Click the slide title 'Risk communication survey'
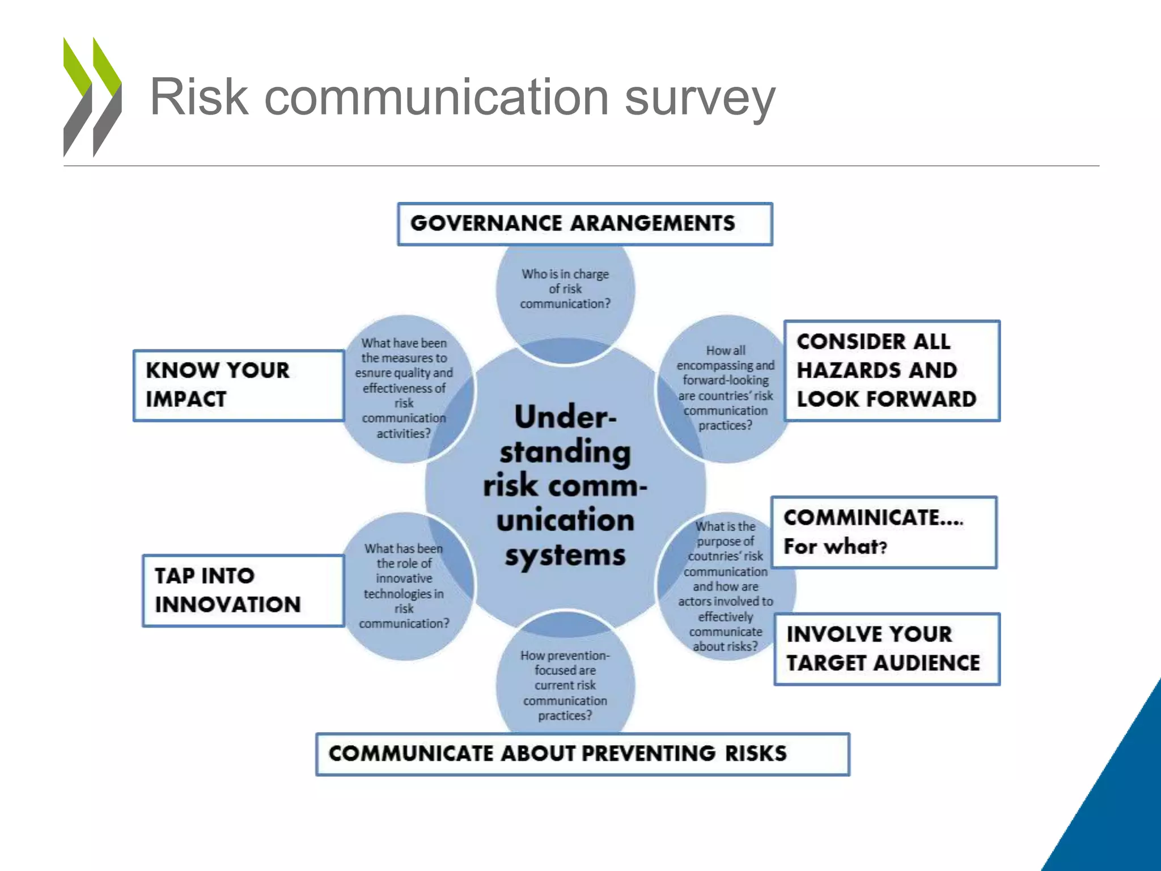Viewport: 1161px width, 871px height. [462, 98]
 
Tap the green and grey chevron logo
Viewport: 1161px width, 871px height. [92, 97]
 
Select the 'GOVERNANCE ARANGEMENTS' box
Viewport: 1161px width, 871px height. [584, 224]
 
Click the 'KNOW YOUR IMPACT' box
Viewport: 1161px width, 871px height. [239, 386]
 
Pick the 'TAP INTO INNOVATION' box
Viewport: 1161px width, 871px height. [243, 590]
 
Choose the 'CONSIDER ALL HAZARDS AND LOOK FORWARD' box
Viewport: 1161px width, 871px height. [892, 371]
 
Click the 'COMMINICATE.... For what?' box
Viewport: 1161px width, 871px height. [883, 532]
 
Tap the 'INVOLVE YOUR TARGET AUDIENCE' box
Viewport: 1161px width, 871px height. [887, 649]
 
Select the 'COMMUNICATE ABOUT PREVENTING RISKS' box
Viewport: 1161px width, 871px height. [582, 754]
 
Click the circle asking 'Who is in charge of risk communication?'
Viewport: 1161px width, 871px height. [565, 289]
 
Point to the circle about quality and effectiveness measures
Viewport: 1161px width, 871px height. [404, 388]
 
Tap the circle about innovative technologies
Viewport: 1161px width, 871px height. [404, 586]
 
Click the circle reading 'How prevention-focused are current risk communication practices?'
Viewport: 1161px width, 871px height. [565, 685]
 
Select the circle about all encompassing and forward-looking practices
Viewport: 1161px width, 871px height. [725, 388]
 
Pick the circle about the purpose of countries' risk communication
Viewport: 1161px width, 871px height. [725, 586]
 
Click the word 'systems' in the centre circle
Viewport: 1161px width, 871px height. [565, 556]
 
